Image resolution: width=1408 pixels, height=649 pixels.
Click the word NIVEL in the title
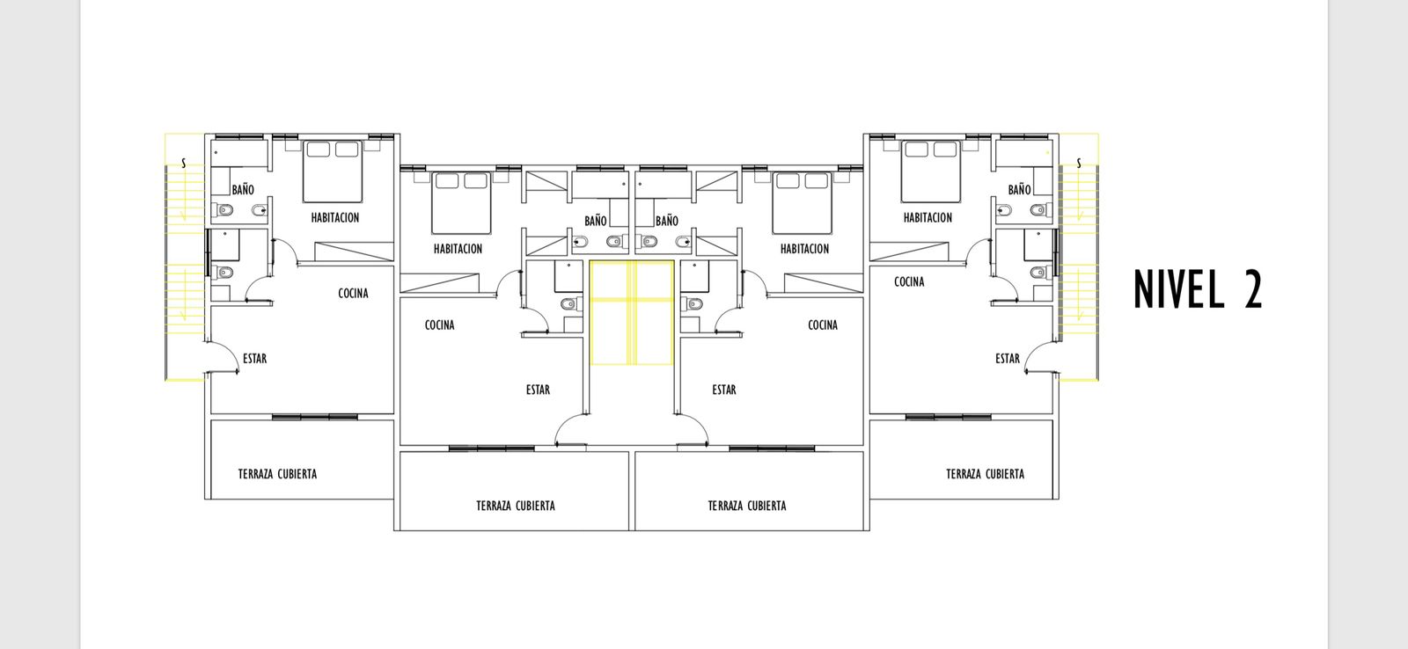coord(1179,289)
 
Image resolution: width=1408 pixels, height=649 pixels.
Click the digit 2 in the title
coord(1253,289)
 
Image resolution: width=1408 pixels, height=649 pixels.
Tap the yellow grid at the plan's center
coord(632,312)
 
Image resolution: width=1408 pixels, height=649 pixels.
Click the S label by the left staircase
coord(184,164)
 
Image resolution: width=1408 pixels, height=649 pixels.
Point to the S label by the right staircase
coord(1079,164)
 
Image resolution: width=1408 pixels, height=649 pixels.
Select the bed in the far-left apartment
coord(333,171)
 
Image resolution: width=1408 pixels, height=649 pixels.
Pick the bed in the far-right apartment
coord(931,171)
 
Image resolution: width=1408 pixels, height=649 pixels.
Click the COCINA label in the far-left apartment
coord(353,294)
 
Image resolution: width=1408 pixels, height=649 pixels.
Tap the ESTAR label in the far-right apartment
coord(1008,359)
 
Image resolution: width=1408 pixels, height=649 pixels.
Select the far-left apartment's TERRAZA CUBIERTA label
coord(277,474)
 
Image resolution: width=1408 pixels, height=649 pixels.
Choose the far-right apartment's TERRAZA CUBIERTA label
coord(985,474)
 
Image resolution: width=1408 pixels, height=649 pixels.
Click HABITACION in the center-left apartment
coord(458,249)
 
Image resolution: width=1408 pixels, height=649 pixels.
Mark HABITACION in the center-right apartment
coord(804,249)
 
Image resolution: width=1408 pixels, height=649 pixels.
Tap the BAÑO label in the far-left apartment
coord(243,190)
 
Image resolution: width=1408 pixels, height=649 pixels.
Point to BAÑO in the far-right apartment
coord(1020,190)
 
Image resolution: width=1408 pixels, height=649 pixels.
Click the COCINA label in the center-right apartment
coord(823,324)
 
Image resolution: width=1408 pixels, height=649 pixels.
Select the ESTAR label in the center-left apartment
coord(538,390)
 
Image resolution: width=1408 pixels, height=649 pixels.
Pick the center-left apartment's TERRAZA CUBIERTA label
coord(516,506)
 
